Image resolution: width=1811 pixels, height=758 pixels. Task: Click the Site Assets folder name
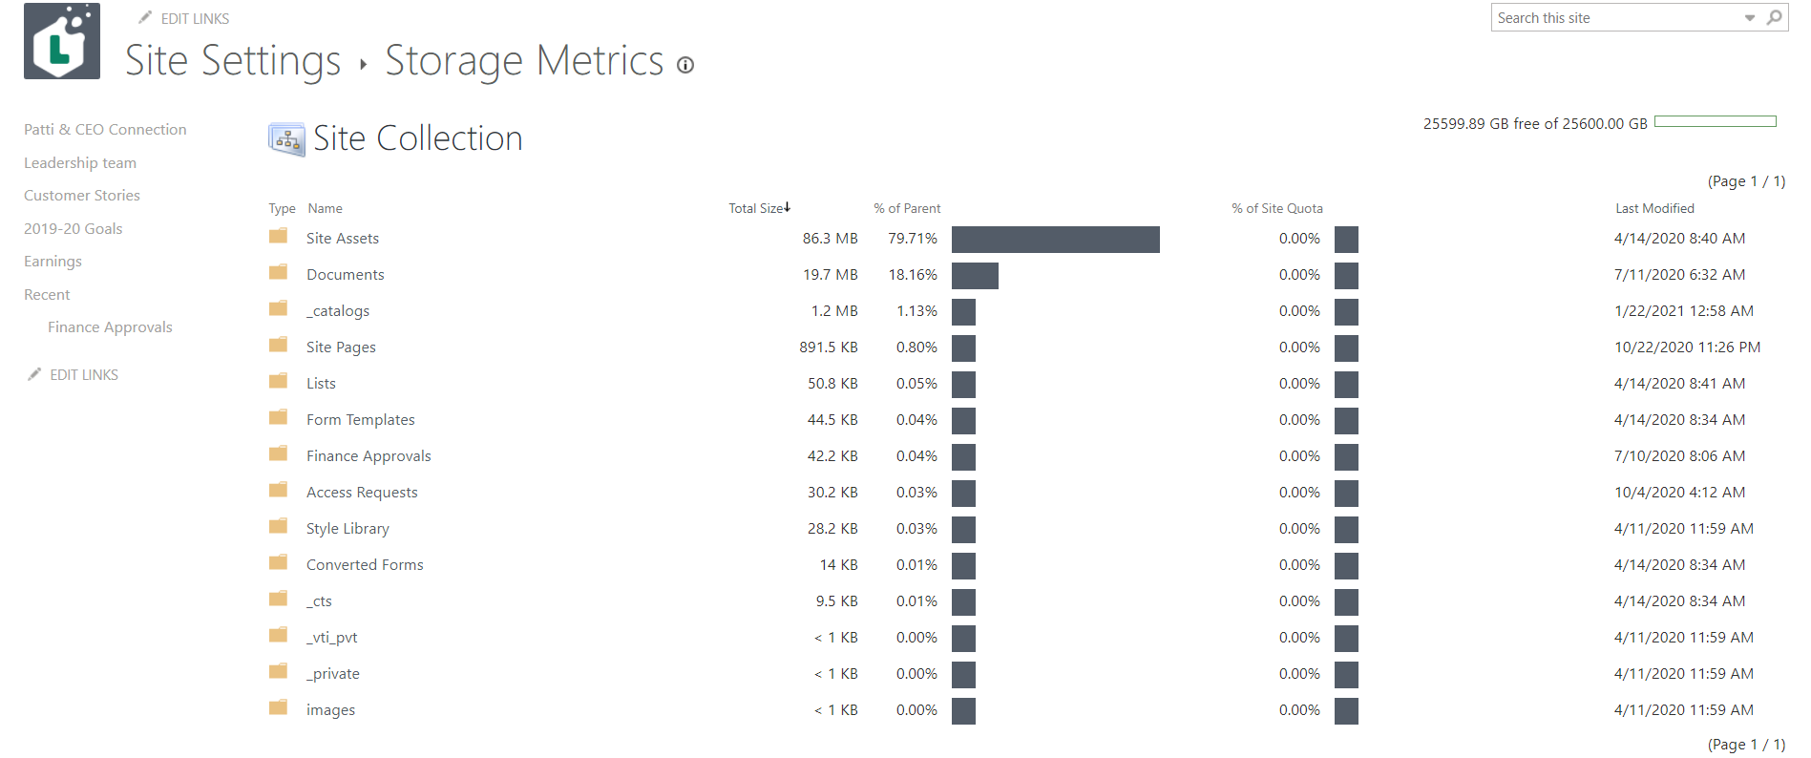point(342,239)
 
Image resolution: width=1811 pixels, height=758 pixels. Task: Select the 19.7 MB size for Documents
point(830,275)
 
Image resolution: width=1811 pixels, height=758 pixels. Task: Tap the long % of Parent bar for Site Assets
point(1055,240)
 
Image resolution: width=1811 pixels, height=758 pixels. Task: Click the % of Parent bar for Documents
point(975,276)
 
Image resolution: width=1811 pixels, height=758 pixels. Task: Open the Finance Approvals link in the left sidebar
point(110,327)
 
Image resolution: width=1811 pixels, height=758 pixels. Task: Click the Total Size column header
point(758,208)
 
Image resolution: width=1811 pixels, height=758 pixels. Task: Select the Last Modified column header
point(1654,208)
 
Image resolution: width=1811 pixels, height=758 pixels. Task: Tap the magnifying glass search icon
point(1774,17)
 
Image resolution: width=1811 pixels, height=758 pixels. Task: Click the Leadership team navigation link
point(80,163)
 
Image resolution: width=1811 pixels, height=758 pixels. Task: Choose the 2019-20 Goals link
point(74,229)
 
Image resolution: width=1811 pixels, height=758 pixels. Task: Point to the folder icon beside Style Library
point(279,527)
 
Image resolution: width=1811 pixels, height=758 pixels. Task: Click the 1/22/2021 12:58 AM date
point(1683,311)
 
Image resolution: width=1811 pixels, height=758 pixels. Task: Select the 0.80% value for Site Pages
point(916,347)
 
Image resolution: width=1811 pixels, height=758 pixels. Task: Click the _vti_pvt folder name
point(331,638)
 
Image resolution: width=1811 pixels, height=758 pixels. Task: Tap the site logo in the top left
point(62,41)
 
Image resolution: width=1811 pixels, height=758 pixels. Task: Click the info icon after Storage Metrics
point(685,65)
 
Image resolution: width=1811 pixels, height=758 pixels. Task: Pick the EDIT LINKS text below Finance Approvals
point(84,375)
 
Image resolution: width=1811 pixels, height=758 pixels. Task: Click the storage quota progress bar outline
point(1715,122)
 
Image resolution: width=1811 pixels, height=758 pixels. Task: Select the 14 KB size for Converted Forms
point(838,565)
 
